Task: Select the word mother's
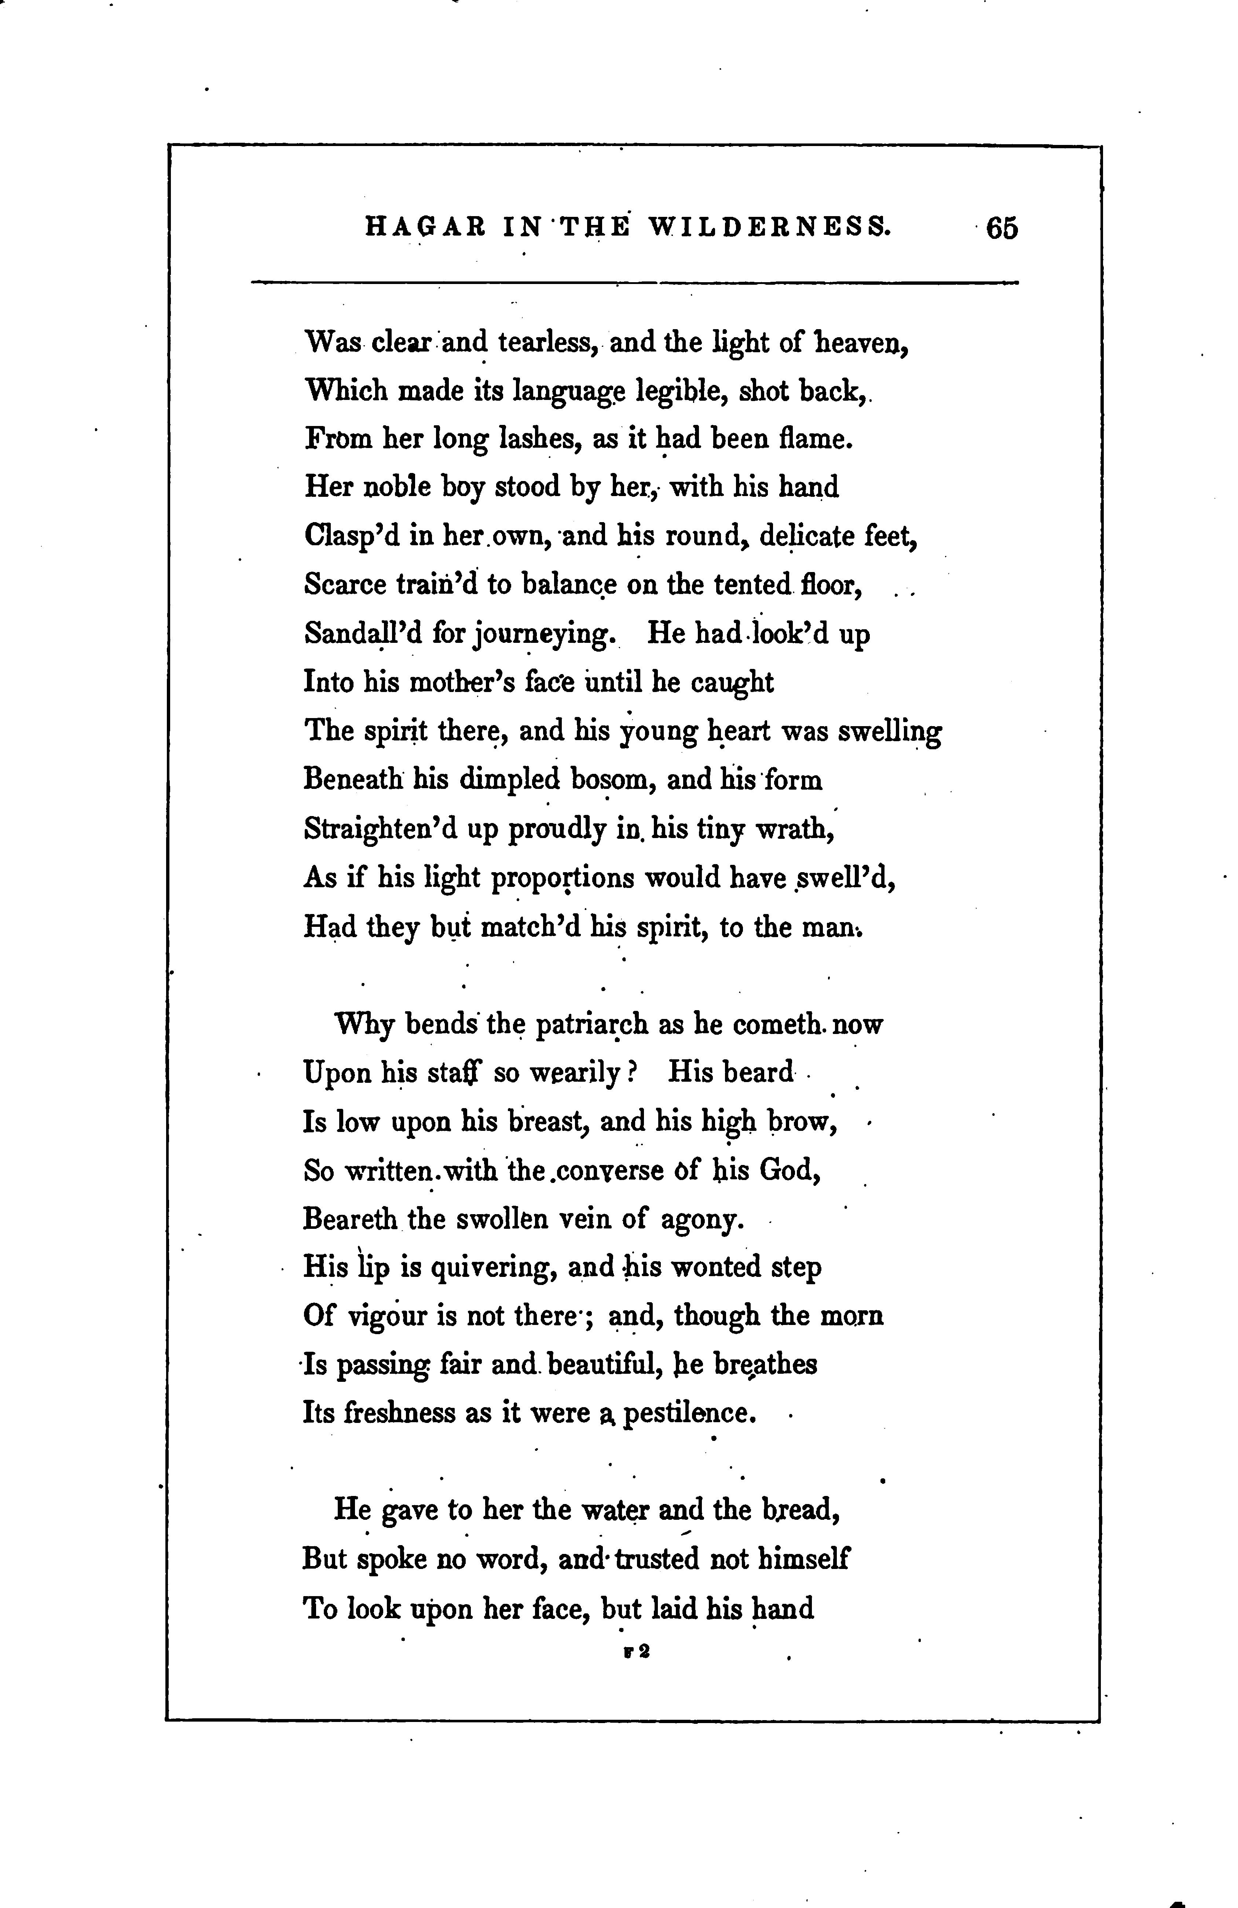tap(462, 682)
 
